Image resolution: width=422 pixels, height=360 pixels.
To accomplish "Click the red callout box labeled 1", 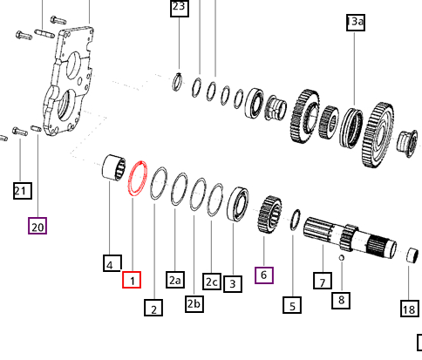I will [131, 280].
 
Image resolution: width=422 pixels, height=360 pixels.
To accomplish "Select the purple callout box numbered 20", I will [37, 227].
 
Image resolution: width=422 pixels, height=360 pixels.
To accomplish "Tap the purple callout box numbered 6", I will [264, 274].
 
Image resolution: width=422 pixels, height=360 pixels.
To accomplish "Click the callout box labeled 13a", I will [355, 23].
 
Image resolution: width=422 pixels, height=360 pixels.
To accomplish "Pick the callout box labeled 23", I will [179, 9].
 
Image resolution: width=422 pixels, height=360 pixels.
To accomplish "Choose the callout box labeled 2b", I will [194, 302].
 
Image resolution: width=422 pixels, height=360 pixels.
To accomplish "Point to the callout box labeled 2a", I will [175, 280].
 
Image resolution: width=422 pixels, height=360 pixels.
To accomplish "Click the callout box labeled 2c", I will [212, 281].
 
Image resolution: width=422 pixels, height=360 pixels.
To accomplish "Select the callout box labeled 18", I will [409, 309].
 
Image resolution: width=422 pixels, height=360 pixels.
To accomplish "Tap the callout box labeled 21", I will [21, 189].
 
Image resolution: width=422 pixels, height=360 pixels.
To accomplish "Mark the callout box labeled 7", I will [323, 281].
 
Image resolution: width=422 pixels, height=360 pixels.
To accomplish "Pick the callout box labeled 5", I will [292, 304].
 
